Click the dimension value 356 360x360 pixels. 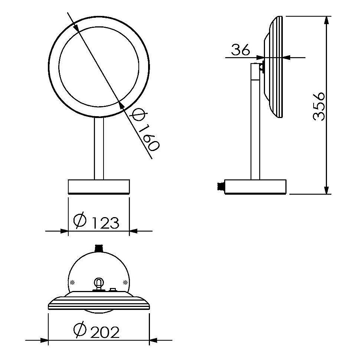319,107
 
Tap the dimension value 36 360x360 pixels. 240,50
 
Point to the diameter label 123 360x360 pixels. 106,223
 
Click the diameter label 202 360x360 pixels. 105,332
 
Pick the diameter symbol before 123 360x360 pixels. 80,220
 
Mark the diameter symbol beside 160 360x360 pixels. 137,114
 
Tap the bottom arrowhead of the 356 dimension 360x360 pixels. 326,190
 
